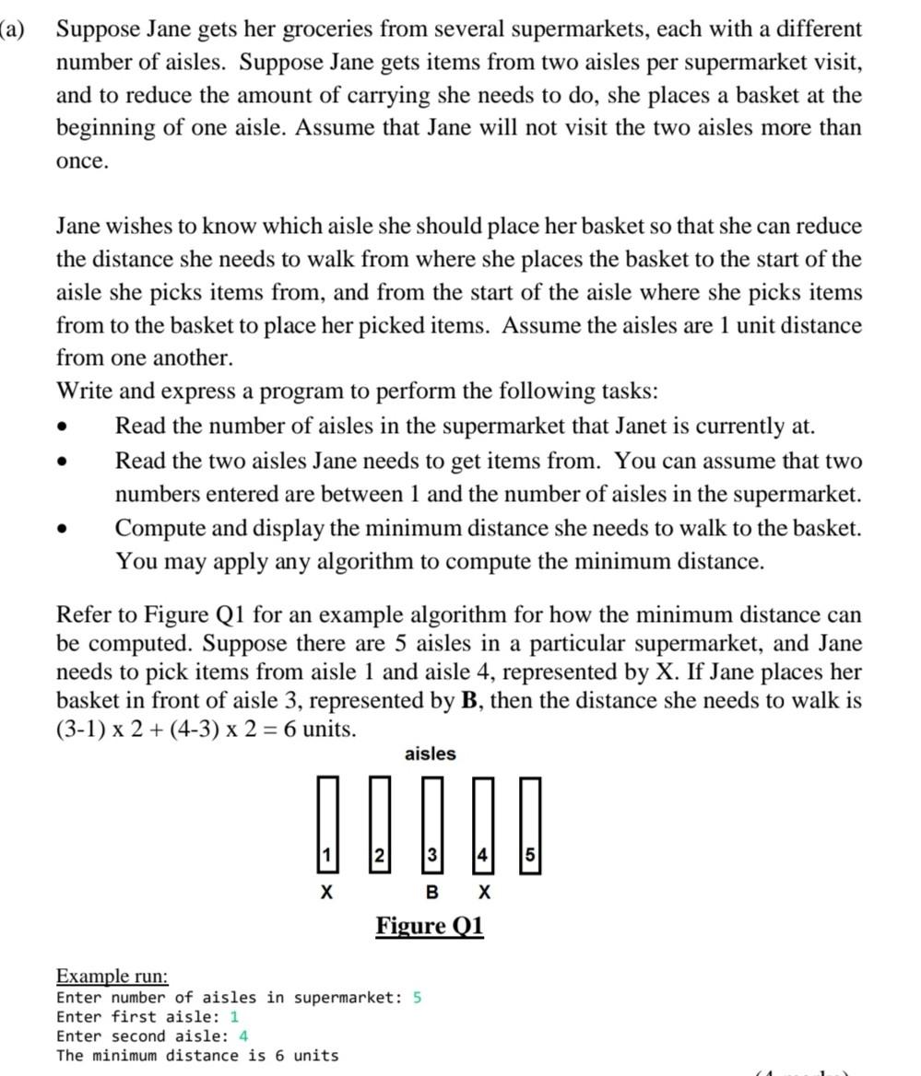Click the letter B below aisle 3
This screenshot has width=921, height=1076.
tap(431, 893)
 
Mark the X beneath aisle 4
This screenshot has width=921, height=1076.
tap(485, 893)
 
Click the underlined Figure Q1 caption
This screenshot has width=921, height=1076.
tap(429, 926)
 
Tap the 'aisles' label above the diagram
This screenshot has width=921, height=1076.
tap(430, 754)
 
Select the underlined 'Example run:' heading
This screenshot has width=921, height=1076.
tap(112, 976)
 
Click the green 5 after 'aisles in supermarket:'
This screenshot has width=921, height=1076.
tap(418, 998)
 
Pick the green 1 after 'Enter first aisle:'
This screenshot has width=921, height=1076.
tap(234, 1017)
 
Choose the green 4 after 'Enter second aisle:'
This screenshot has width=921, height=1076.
tap(243, 1036)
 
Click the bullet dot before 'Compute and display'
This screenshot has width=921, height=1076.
tap(63, 529)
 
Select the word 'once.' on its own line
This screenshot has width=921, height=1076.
tap(83, 161)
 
